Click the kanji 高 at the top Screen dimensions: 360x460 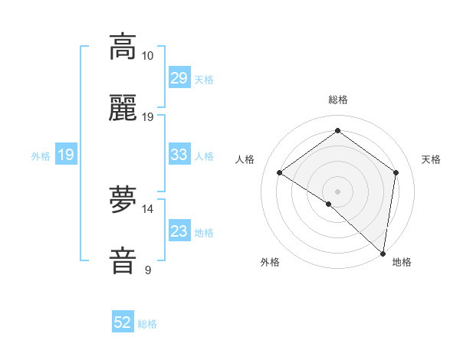123,47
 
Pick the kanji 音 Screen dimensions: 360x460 123,260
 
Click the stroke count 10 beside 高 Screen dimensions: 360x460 148,56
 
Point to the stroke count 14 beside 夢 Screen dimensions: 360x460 148,208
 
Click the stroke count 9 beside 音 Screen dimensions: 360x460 148,270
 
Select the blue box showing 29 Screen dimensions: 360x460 179,78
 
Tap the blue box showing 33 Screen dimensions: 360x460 179,155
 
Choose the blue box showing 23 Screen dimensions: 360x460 179,231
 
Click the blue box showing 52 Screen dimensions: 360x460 123,322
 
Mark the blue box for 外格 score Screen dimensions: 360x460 65,155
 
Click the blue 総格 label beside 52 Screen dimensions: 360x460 147,324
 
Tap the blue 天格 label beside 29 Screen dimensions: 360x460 204,80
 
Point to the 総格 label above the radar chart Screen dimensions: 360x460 337,100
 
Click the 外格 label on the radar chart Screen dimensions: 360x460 270,262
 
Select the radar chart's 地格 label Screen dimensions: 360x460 402,262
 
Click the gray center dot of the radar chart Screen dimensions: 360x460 337,190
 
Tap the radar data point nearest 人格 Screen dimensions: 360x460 280,172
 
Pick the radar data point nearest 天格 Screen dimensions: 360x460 396,172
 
